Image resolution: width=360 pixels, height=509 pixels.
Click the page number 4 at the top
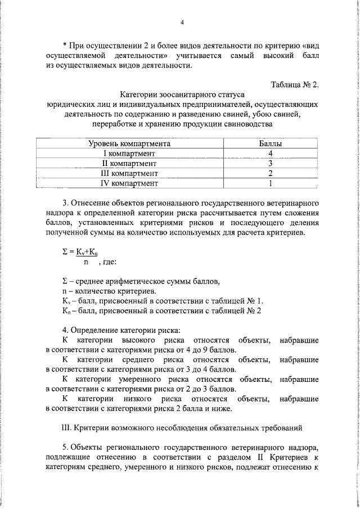tap(182, 22)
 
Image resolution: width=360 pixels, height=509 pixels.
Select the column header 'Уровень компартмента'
tap(129, 144)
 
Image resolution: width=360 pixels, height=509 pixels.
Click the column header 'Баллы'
tap(270, 144)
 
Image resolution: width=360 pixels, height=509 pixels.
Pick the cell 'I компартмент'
tap(129, 154)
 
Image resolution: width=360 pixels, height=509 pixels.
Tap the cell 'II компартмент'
tap(129, 163)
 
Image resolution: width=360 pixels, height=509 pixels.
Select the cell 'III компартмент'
tap(129, 173)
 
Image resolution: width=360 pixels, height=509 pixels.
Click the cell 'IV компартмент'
tap(129, 183)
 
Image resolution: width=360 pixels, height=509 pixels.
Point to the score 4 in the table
tap(271, 154)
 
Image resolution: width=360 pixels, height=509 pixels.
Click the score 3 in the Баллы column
tap(271, 163)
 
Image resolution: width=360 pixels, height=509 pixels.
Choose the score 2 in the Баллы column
tap(271, 173)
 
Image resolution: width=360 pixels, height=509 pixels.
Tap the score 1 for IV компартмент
tap(271, 183)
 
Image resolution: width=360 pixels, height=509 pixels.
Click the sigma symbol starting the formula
tap(65, 253)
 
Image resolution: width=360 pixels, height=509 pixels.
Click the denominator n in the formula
tap(85, 262)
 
